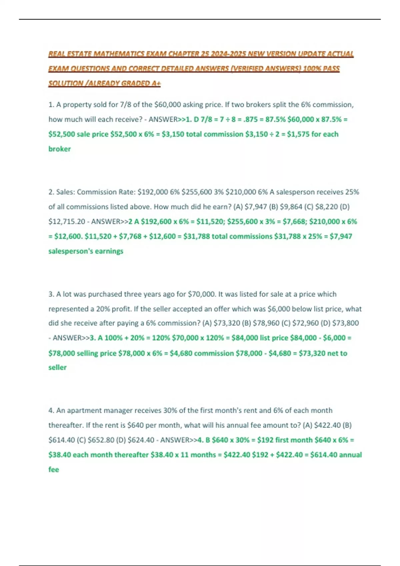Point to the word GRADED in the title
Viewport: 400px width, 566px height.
[135, 83]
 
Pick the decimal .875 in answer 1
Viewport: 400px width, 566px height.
[252, 120]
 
